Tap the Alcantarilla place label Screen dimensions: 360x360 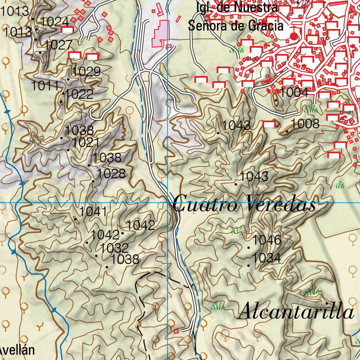[x=296, y=311]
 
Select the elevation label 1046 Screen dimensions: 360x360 [x=267, y=240]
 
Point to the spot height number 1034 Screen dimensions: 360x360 [x=266, y=258]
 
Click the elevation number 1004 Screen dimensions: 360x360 [x=294, y=93]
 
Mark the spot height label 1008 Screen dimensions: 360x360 [x=305, y=124]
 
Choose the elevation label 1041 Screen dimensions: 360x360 [x=93, y=212]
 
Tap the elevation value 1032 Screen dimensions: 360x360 [x=115, y=248]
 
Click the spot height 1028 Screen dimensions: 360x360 [x=111, y=174]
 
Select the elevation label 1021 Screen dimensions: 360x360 [x=86, y=143]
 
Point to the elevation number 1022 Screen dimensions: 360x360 [x=79, y=94]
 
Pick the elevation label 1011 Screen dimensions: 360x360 [x=45, y=85]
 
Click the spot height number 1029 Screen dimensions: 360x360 [x=86, y=72]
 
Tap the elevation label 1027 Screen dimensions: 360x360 [x=58, y=45]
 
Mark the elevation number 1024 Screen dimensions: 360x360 [x=54, y=22]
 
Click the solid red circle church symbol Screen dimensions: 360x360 [x=294, y=36]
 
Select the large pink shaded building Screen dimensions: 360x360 [x=160, y=34]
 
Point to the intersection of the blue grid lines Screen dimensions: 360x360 [x=168, y=203]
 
